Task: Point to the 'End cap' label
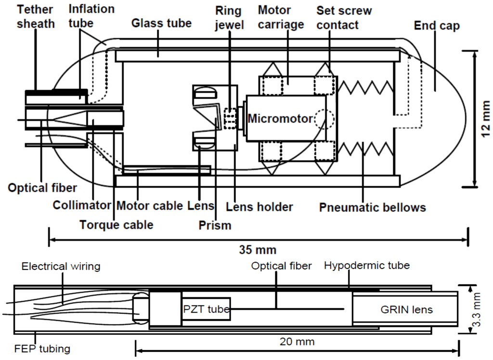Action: pyautogui.click(x=437, y=27)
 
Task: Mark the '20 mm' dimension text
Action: pyautogui.click(x=298, y=342)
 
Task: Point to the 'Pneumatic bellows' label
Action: pyautogui.click(x=373, y=207)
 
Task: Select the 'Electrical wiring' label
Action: pyautogui.click(x=61, y=266)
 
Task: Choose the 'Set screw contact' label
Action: pyautogui.click(x=344, y=17)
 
